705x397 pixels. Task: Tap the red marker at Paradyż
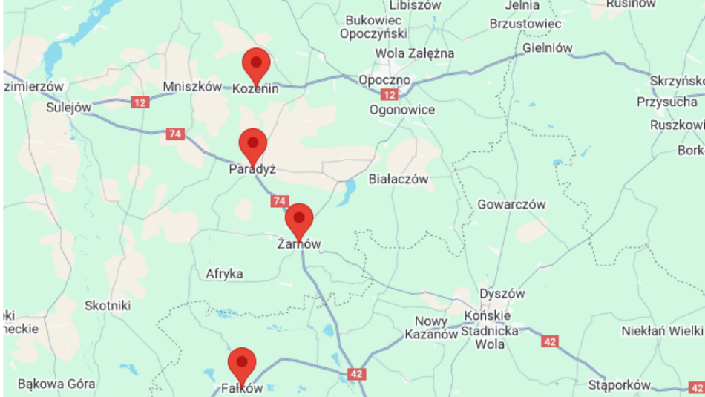click(253, 144)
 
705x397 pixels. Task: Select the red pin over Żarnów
click(299, 219)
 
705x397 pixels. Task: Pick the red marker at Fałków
click(242, 364)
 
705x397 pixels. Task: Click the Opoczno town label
click(384, 79)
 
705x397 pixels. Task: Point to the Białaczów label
click(399, 179)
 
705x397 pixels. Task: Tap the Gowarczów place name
click(511, 204)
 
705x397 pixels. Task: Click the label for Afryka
click(225, 274)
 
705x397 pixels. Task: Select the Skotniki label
click(108, 305)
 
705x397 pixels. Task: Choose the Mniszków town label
click(192, 87)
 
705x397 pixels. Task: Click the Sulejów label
click(68, 107)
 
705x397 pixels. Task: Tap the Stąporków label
click(619, 384)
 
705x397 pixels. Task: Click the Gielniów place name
click(548, 47)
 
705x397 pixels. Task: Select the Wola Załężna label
click(414, 53)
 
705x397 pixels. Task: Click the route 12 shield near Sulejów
click(140, 102)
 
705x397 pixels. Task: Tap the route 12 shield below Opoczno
click(390, 95)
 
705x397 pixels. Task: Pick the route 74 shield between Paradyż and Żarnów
click(279, 201)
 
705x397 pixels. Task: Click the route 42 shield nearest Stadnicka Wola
click(549, 341)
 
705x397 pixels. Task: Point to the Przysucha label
click(666, 102)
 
